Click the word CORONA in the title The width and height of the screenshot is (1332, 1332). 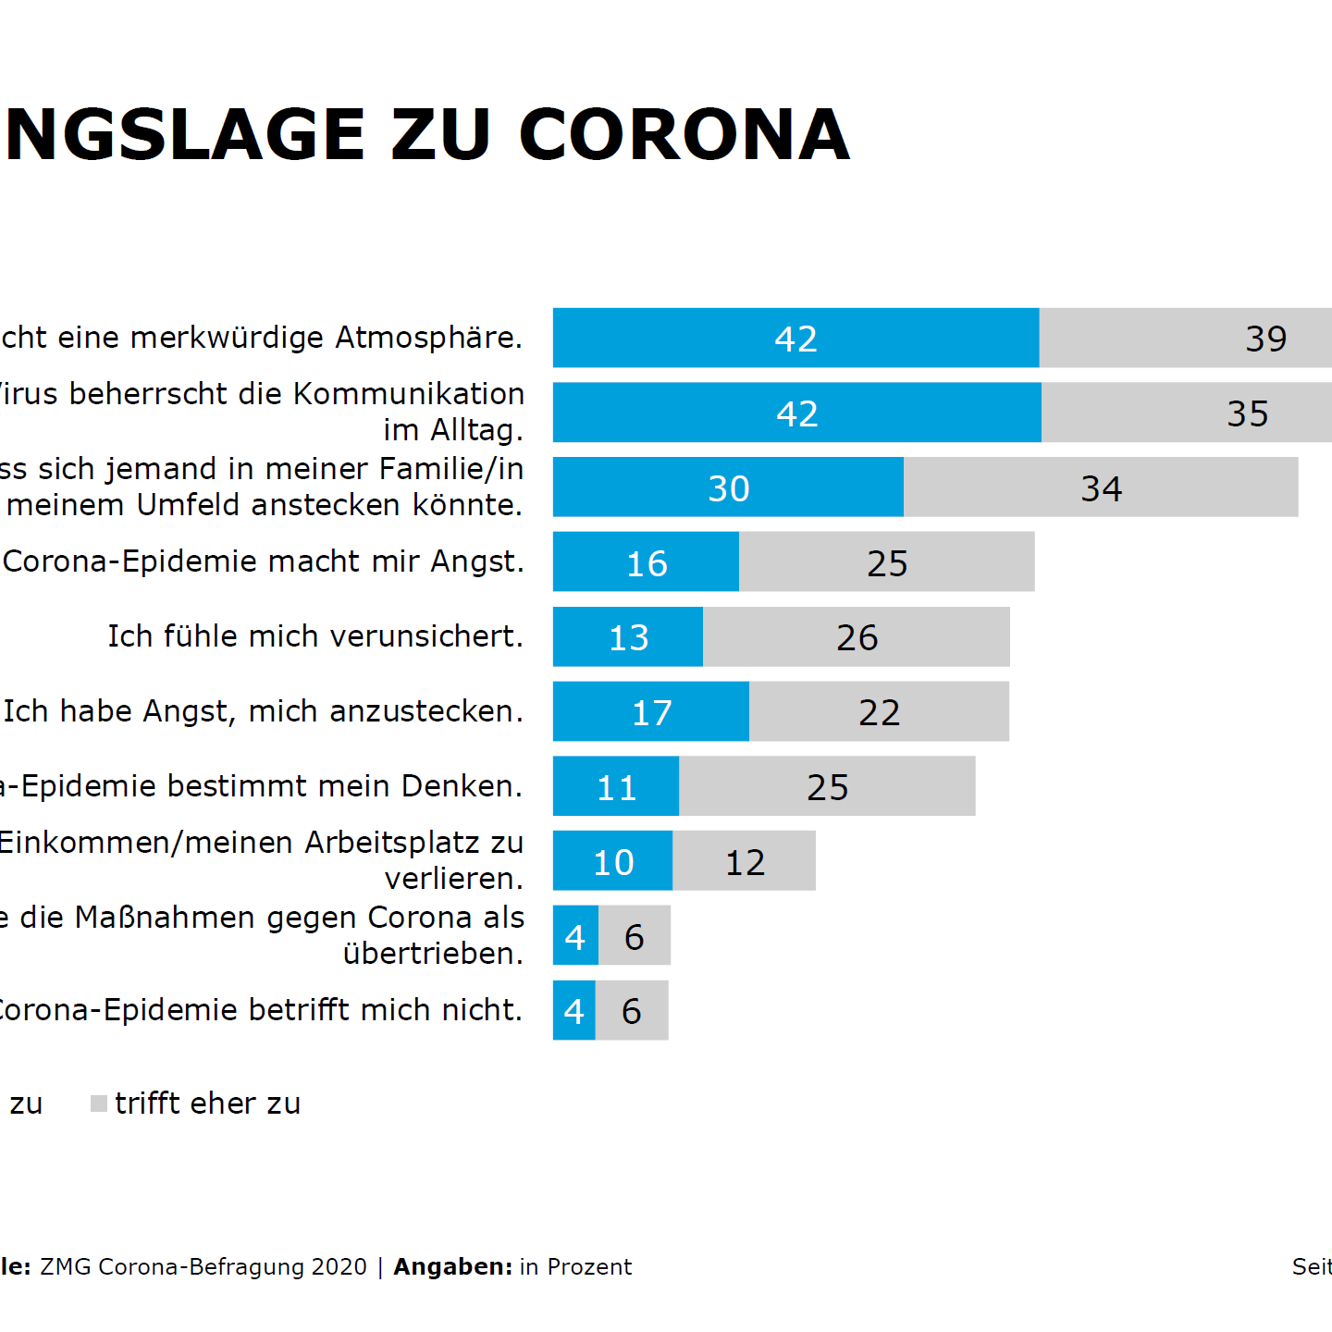click(x=684, y=135)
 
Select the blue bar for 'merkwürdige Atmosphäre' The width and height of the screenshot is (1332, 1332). click(x=795, y=338)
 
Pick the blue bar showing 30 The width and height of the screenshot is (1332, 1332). click(x=728, y=487)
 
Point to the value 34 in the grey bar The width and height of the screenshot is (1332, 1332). click(x=1101, y=488)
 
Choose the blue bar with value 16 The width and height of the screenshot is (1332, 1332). click(x=646, y=561)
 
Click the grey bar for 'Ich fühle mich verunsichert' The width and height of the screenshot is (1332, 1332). click(x=856, y=636)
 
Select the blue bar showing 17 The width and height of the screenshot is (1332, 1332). click(x=650, y=711)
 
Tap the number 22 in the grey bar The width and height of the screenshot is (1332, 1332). click(x=879, y=712)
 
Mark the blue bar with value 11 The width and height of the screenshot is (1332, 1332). click(x=616, y=786)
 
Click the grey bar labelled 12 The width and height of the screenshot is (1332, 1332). click(x=745, y=861)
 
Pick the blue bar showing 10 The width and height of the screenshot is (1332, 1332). click(x=612, y=861)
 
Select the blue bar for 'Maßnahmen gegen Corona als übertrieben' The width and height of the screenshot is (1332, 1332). click(x=575, y=935)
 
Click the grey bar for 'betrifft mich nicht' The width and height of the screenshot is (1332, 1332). click(x=632, y=1010)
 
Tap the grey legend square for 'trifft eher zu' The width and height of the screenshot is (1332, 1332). click(x=99, y=1104)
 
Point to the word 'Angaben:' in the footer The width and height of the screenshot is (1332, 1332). click(x=453, y=1266)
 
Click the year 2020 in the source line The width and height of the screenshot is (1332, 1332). click(x=339, y=1266)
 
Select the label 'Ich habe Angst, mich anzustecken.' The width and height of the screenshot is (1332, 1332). click(x=263, y=711)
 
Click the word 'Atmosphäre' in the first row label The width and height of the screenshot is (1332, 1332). click(x=428, y=338)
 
